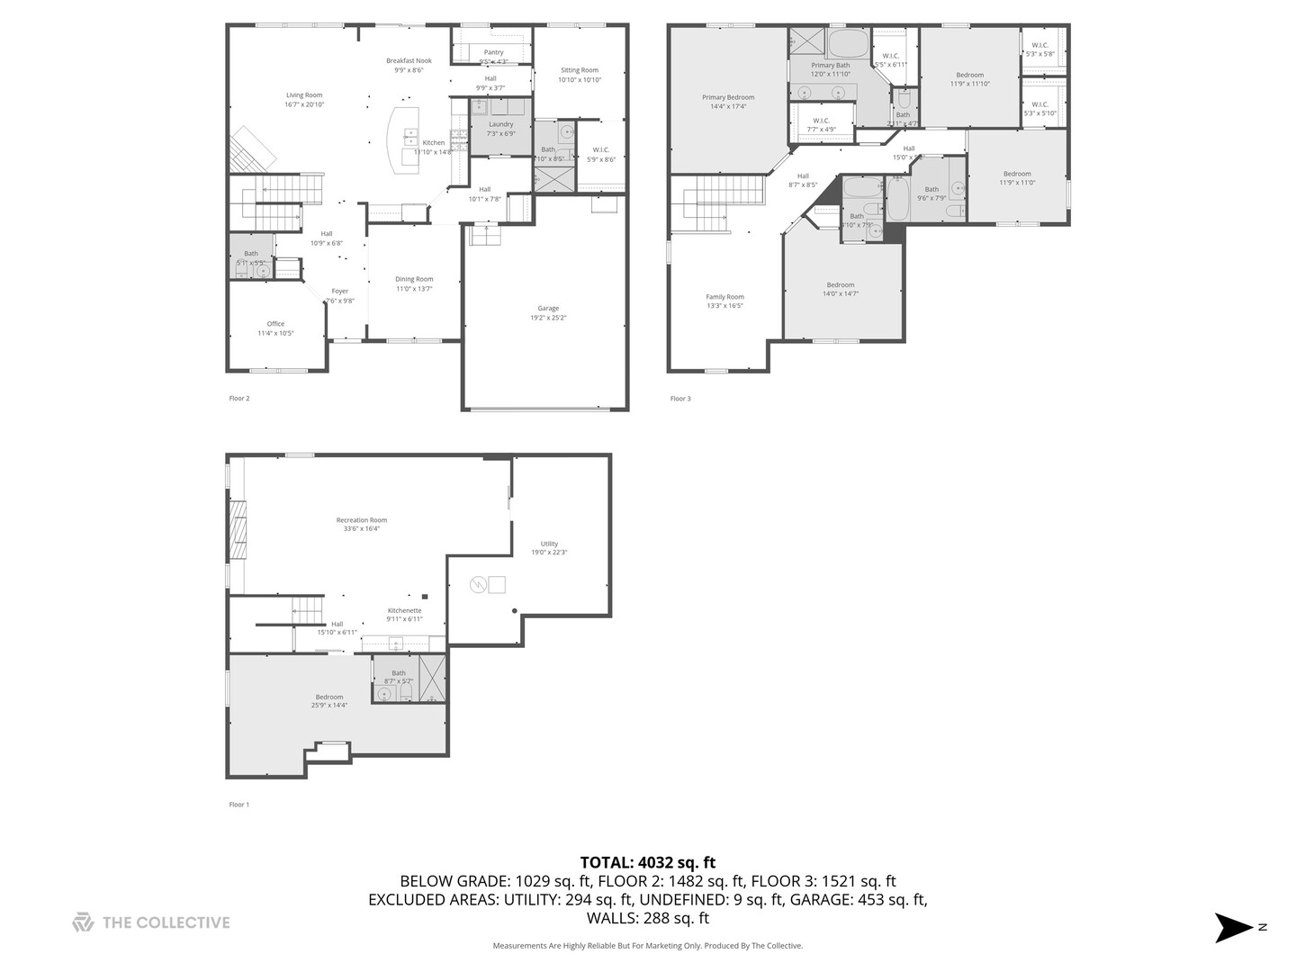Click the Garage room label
(x=548, y=308)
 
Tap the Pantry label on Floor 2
(x=493, y=52)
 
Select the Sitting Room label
(x=579, y=70)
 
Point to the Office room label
(x=275, y=324)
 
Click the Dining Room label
(x=414, y=279)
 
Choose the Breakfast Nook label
(x=409, y=61)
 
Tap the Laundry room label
(x=501, y=124)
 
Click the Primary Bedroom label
(x=728, y=97)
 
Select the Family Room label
(x=724, y=297)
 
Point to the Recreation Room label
(x=362, y=520)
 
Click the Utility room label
(x=549, y=544)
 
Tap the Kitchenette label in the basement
(x=404, y=610)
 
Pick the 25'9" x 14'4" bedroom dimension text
(x=329, y=706)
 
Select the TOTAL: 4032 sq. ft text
(x=648, y=863)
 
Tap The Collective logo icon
(x=83, y=922)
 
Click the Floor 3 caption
(x=680, y=399)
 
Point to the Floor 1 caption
(x=238, y=805)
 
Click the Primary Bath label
(x=830, y=66)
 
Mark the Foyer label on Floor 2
(x=339, y=292)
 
